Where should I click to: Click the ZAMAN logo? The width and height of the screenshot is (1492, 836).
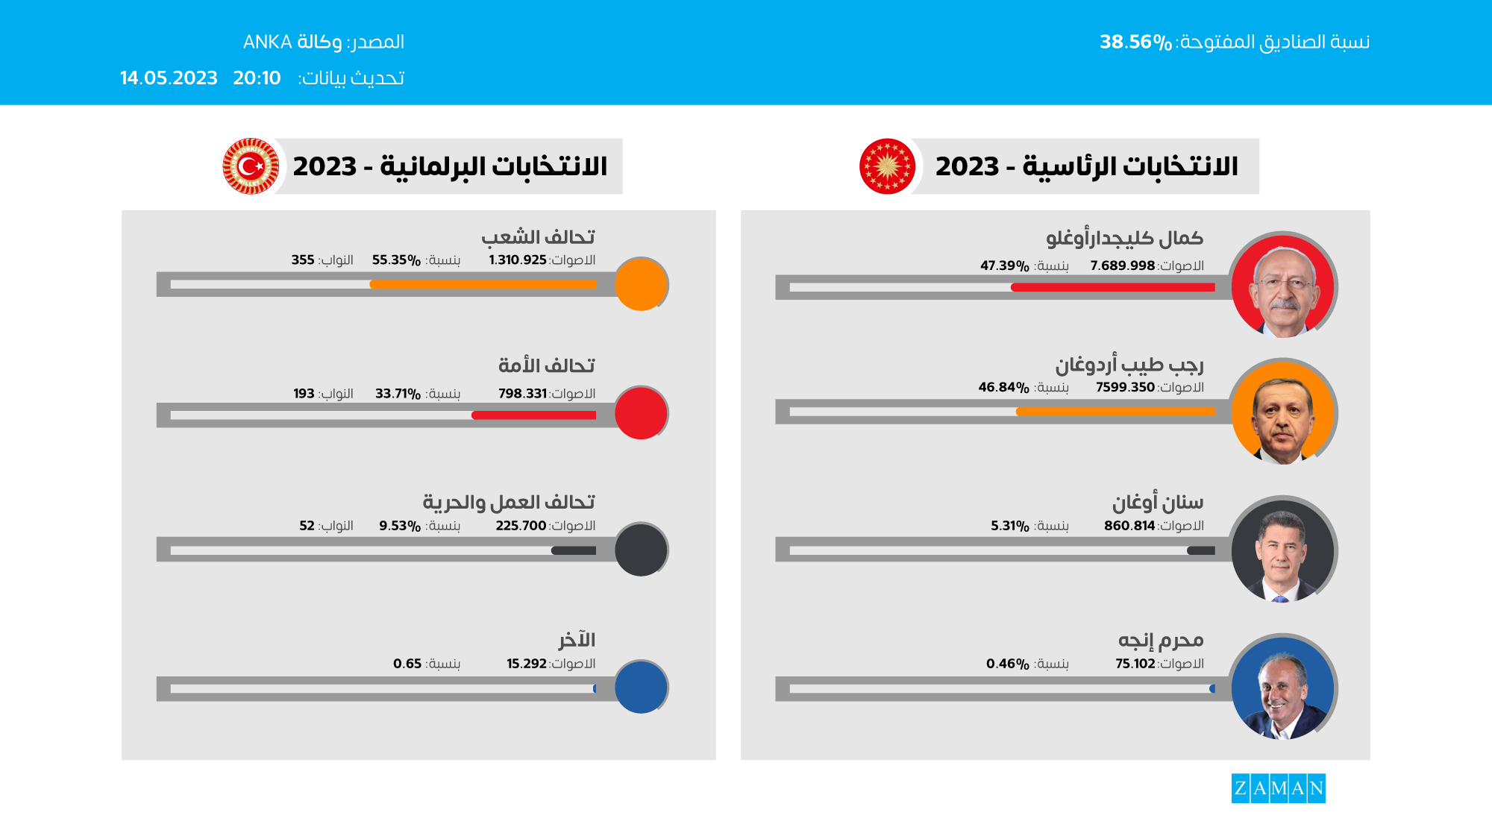point(1278,788)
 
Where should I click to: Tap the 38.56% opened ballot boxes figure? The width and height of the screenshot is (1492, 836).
point(1135,43)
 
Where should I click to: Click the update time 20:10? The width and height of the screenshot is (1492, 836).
point(257,78)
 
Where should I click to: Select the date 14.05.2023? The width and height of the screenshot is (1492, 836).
point(169,78)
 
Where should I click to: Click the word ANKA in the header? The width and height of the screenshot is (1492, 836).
point(267,43)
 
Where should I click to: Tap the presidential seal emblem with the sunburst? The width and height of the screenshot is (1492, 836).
point(887,166)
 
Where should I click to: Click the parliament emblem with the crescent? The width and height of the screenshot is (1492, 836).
point(251,166)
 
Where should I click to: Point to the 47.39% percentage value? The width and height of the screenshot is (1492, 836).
point(1004,266)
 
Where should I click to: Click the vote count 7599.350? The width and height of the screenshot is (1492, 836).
point(1125,388)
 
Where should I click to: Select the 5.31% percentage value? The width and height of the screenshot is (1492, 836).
point(1009,526)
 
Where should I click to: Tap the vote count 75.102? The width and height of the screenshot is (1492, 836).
point(1135,664)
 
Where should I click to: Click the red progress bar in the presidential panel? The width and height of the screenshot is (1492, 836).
point(1112,287)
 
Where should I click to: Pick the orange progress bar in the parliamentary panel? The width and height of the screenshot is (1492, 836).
point(483,284)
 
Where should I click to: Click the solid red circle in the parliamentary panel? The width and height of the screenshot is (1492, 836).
point(641,412)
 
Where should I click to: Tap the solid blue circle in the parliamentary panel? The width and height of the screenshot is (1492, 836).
point(641,687)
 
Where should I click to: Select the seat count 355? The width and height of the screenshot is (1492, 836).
point(303,260)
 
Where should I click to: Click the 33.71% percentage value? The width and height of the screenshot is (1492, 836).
point(398,394)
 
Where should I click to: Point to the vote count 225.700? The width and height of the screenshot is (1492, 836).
point(521,526)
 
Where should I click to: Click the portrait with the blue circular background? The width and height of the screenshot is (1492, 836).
point(1282,688)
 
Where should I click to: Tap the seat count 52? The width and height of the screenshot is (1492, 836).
point(307,526)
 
